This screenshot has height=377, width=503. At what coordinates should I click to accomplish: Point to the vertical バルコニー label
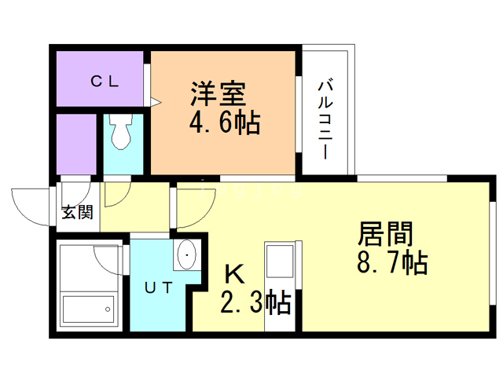click(325, 118)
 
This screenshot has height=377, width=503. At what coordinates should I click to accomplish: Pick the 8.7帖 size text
click(391, 262)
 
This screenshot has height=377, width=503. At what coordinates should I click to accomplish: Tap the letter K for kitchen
click(233, 274)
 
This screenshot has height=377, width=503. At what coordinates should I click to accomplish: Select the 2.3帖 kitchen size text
click(252, 301)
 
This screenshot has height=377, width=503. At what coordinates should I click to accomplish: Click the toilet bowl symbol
click(121, 133)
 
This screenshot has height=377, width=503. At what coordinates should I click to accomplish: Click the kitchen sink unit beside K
click(279, 269)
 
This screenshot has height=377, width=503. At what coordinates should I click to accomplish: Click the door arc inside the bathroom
click(108, 257)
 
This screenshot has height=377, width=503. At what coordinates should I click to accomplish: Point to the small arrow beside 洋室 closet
click(156, 101)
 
